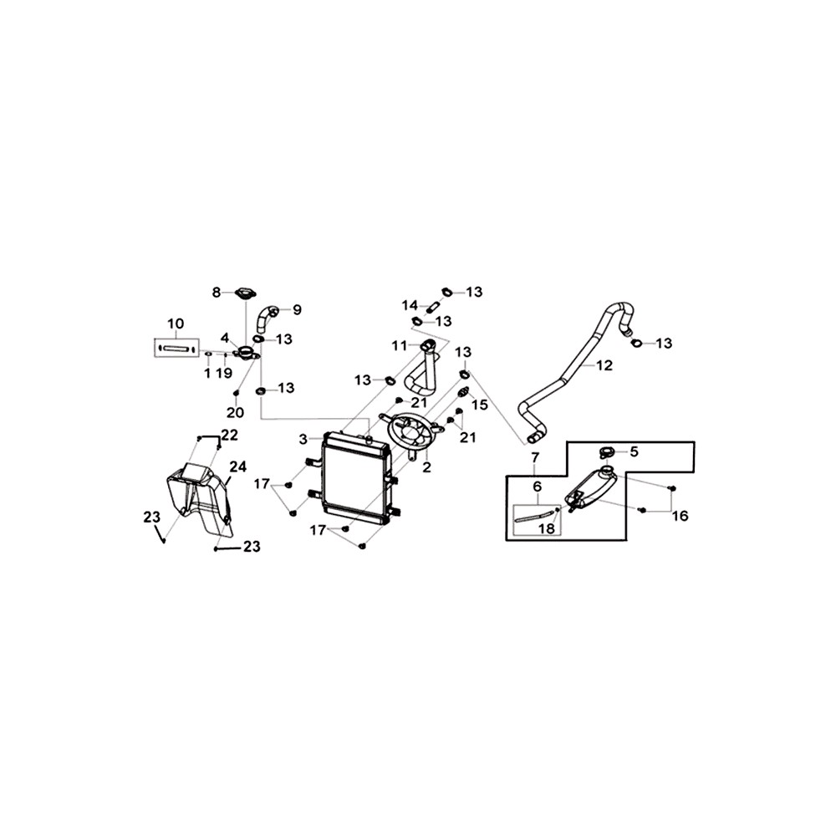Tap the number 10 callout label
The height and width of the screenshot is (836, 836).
pos(176,324)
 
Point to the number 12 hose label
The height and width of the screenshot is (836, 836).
pos(604,365)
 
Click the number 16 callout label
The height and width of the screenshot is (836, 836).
pos(681,516)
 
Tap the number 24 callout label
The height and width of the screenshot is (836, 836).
pos(238,466)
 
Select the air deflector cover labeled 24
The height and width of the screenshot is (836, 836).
pos(200,498)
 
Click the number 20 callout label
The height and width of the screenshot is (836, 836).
pos(235,412)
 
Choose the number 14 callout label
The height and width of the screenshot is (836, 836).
pos(410,305)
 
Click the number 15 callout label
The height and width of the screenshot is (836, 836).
pos(480,405)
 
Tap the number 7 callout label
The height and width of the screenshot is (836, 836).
pos(535,457)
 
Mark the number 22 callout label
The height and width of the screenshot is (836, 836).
pos(229,435)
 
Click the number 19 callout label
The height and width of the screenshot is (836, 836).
pos(224,373)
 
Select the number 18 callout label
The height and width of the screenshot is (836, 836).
pos(547,529)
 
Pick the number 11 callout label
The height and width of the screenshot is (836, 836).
pos(400,345)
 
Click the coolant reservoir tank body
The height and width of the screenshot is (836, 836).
pos(591,489)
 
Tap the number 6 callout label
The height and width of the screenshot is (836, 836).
pos(537,487)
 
